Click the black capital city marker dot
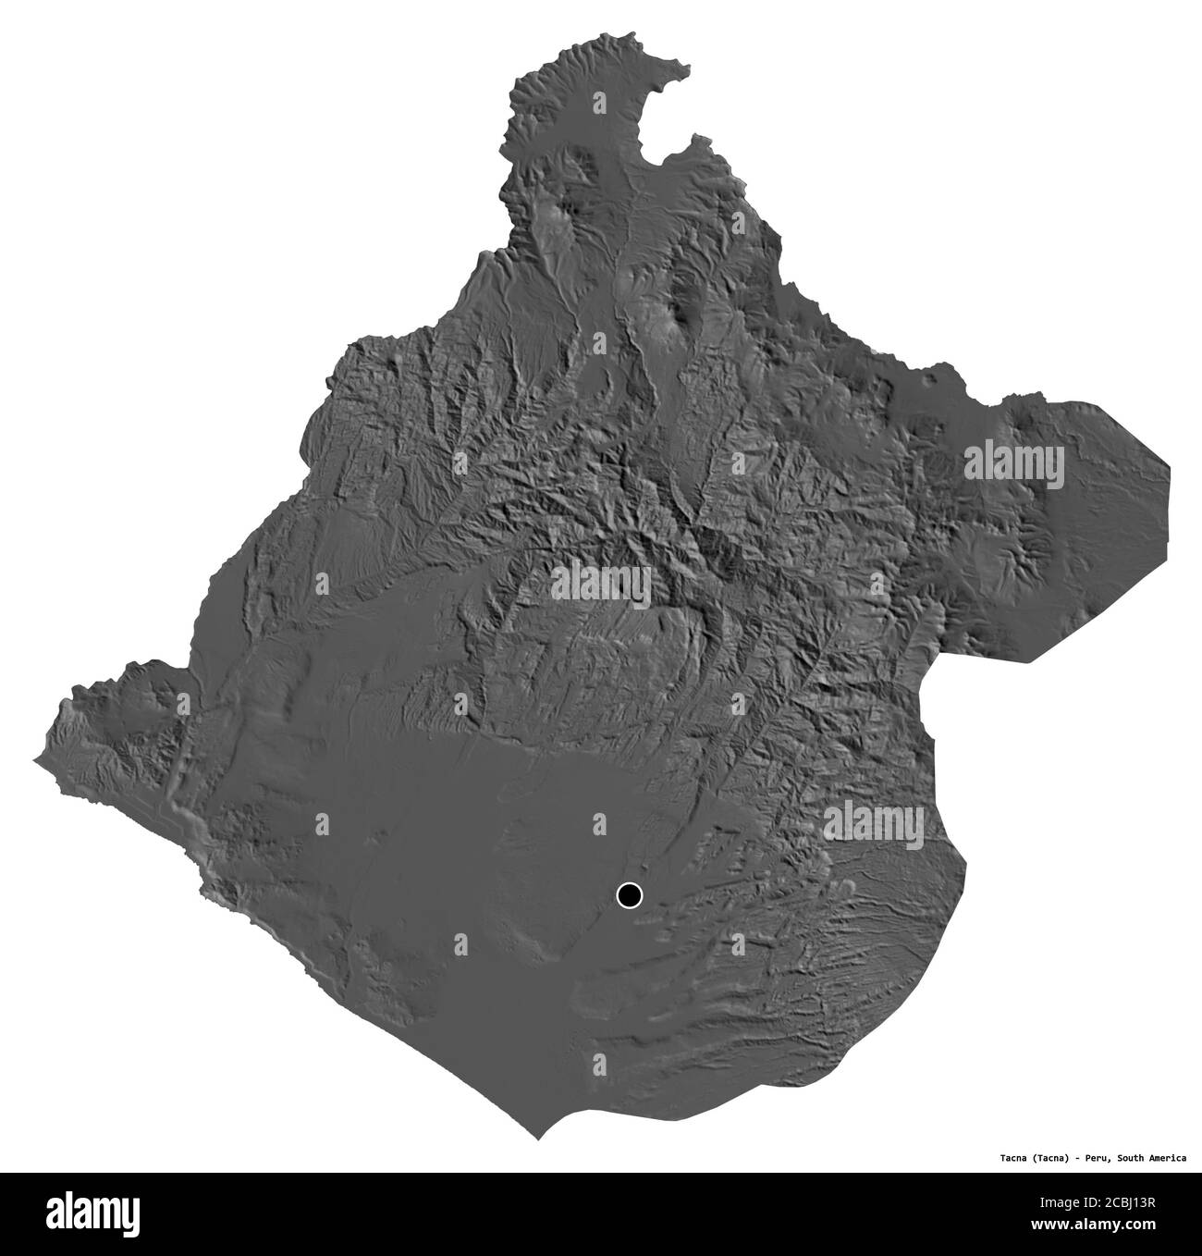click(x=629, y=895)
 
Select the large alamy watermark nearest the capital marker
click(x=873, y=819)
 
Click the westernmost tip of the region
click(x=37, y=760)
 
